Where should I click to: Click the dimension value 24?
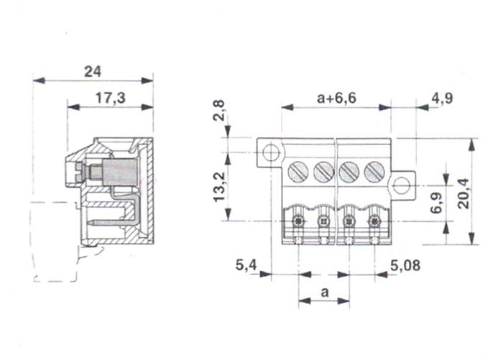(93, 71)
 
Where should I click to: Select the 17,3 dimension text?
(110, 98)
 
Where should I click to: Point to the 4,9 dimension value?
(441, 98)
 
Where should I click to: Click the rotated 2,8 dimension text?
(220, 114)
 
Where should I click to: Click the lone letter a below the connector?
(324, 292)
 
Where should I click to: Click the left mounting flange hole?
(270, 153)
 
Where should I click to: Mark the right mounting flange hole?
(401, 187)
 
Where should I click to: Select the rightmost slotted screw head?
(374, 172)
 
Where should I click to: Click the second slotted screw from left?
(324, 172)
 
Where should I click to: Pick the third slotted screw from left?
(349, 172)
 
